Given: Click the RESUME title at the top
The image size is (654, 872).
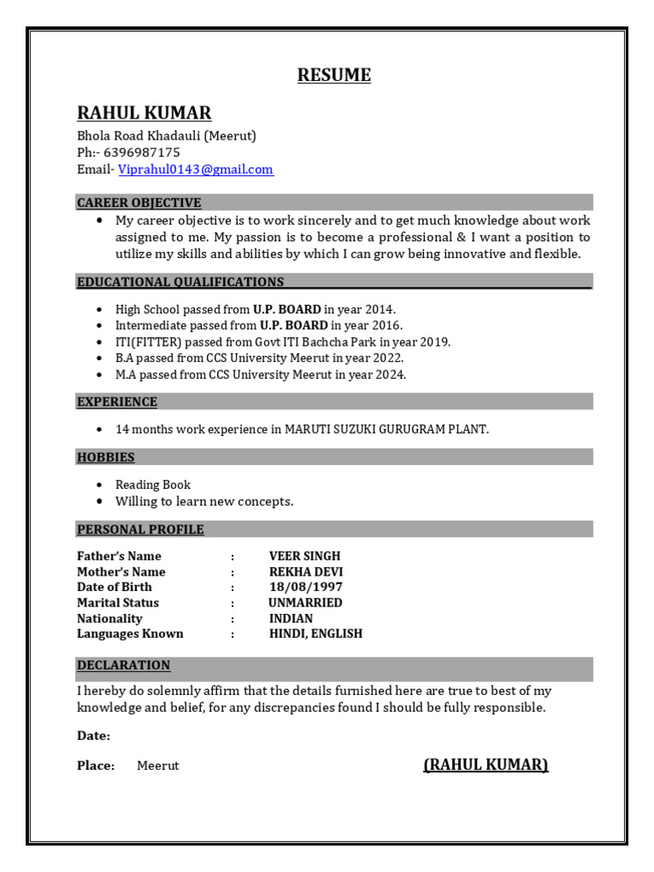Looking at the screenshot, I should tap(334, 75).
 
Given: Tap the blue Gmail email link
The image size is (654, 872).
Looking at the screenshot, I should tap(196, 169).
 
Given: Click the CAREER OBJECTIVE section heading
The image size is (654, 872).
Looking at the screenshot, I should tap(139, 203).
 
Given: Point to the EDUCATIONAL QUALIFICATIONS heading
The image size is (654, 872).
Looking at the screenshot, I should tap(181, 282).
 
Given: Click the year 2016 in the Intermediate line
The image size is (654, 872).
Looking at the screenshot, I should tap(386, 325).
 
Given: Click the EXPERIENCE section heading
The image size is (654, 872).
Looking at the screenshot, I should tap(117, 402).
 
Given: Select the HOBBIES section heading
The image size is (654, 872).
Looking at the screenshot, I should tap(106, 457).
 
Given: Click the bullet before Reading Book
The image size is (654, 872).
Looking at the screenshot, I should tap(100, 485).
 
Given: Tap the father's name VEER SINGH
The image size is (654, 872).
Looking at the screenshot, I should tap(305, 556).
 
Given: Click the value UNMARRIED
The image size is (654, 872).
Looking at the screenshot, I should tap(305, 603).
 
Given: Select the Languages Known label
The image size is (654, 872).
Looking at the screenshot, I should tap(130, 634).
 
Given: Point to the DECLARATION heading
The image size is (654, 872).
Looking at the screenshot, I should tap(123, 665).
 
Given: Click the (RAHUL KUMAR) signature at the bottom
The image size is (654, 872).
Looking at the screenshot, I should tap(485, 765).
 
